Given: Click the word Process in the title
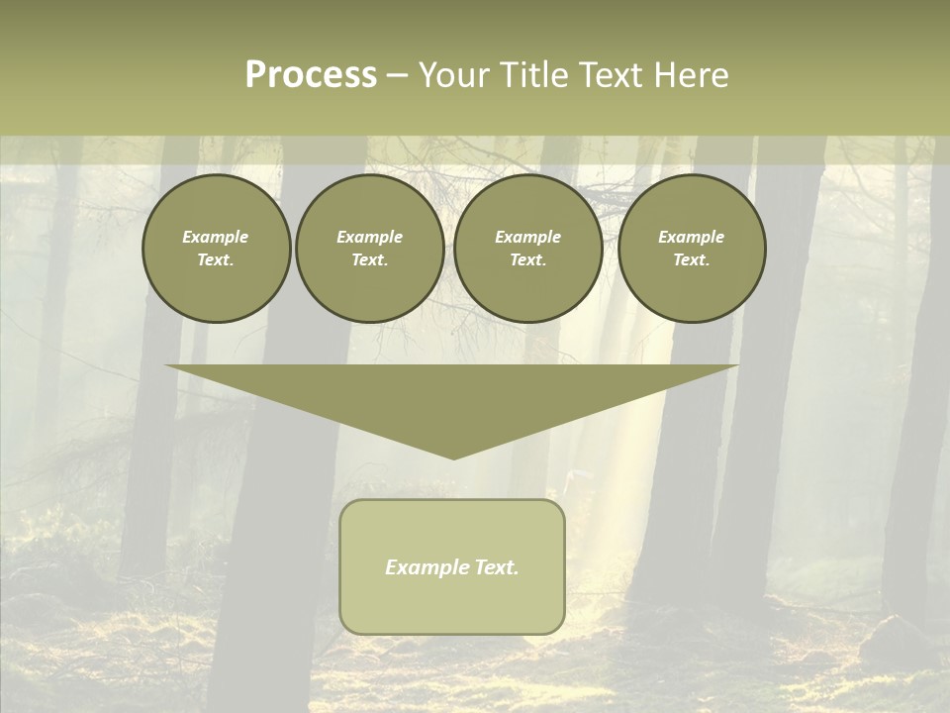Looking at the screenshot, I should coord(311,75).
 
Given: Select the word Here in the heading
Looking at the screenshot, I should coord(691,75).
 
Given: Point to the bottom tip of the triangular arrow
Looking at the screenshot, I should coord(453,457).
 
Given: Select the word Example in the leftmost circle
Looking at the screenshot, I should coord(216,237).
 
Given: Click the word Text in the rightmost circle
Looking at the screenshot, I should coord(691,259).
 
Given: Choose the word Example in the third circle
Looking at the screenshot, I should coord(527,237).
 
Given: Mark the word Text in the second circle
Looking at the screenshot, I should coord(368,259).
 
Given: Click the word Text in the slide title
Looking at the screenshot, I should coord(613,75).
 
